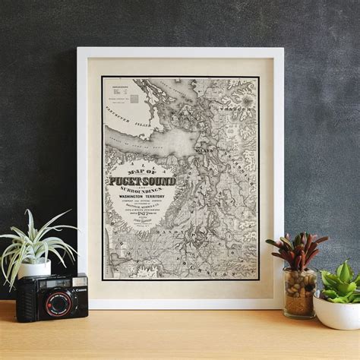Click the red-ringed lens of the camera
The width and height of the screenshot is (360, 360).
pyautogui.click(x=57, y=303)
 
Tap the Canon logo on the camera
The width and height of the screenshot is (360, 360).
pyautogui.click(x=79, y=280)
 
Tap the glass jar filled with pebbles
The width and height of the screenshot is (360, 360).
pyautogui.click(x=298, y=291)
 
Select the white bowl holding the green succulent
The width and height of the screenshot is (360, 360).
pyautogui.click(x=336, y=311)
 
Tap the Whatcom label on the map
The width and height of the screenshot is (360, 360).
pyautogui.click(x=237, y=109)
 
